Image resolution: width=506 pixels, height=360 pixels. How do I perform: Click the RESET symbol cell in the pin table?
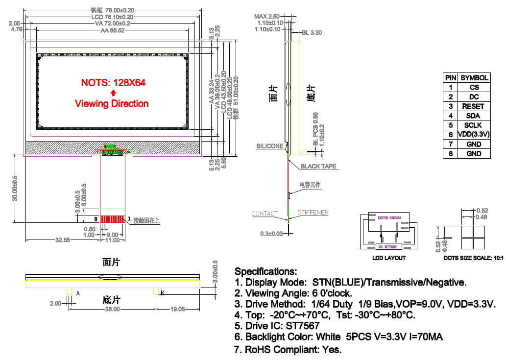point(473,106)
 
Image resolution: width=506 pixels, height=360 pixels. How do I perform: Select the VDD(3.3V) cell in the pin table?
point(473,135)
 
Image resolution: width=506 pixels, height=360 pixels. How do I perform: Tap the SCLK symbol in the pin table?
point(473,125)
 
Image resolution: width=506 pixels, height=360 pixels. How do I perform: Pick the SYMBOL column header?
point(474,78)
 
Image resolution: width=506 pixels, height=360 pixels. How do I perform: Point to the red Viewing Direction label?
point(112,104)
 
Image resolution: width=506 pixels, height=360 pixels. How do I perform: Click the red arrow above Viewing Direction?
point(113,93)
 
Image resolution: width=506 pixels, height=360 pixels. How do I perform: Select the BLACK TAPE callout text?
point(318,167)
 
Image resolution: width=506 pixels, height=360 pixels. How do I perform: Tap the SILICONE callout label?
point(269,146)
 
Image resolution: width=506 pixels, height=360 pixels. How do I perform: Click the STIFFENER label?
point(313,212)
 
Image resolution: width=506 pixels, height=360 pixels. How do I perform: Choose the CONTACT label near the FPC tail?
point(265,214)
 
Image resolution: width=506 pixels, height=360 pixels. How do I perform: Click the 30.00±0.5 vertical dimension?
point(15,188)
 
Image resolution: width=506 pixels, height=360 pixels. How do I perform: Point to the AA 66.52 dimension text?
point(112,30)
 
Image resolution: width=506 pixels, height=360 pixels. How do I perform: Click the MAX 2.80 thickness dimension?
point(267,17)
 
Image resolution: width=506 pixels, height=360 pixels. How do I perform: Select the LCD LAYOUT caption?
point(389,258)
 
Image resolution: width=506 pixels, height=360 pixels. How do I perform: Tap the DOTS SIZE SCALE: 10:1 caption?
point(473,258)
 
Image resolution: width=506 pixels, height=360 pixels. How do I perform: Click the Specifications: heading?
point(265,271)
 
